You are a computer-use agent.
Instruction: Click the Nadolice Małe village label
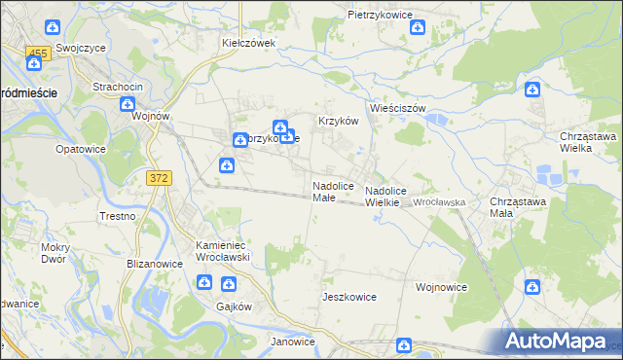pos(324,191)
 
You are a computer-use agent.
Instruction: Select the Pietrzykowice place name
pos(381,16)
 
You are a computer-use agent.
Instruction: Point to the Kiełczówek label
pos(249,43)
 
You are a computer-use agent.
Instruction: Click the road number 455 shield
pos(38,52)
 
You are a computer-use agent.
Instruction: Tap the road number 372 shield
pos(160,177)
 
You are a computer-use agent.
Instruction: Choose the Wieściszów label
pos(398,108)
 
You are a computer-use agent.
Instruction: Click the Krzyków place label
pos(339,121)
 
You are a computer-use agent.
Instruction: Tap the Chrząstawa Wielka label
pos(588,142)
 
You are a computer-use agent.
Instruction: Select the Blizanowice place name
pos(155,263)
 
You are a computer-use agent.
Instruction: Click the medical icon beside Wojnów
pos(139,114)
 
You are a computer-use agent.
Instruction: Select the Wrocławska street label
pos(440,202)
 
